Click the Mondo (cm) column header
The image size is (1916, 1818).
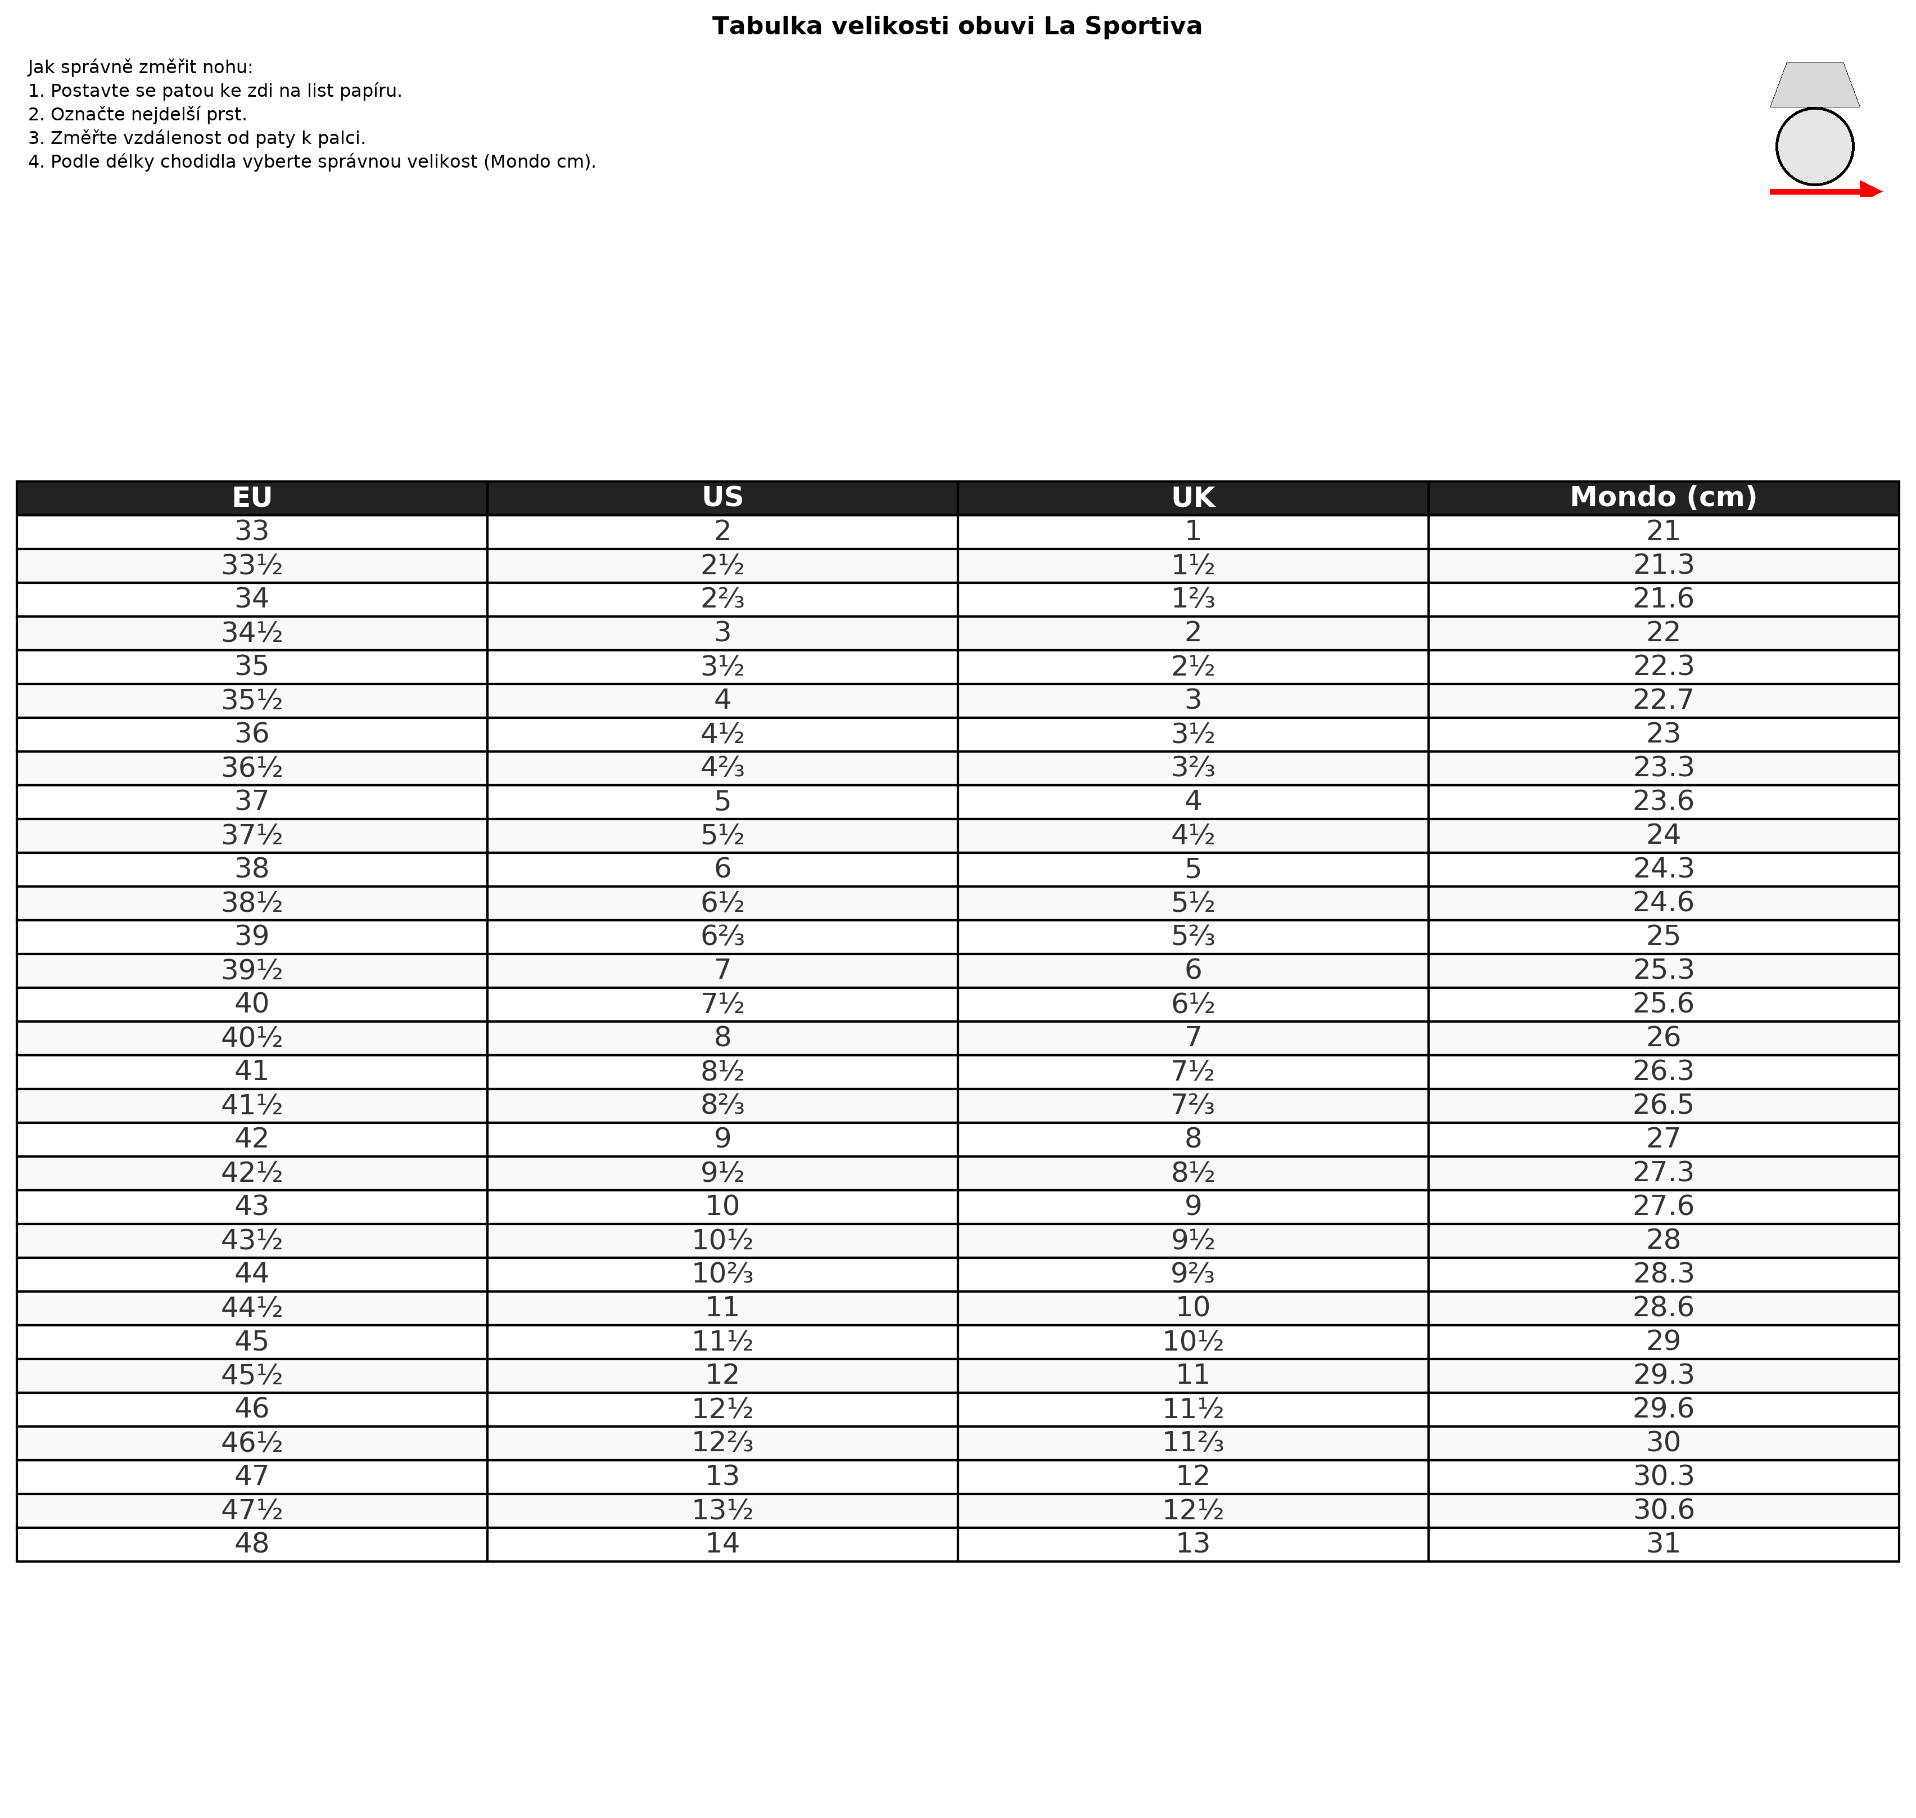(1662, 497)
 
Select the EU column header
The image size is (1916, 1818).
(252, 497)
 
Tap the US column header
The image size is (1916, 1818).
(722, 497)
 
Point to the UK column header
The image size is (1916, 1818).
(1192, 497)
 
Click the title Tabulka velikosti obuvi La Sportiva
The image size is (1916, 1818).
(957, 26)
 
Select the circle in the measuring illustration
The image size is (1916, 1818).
(1814, 146)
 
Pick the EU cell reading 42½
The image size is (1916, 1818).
(252, 1173)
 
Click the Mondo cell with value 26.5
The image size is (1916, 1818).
(1662, 1105)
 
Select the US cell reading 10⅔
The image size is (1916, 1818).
(722, 1273)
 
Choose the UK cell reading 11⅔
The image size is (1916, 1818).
(1192, 1442)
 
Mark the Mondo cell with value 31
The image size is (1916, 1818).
(1662, 1543)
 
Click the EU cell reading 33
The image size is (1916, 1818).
(252, 531)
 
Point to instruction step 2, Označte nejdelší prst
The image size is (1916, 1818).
(138, 114)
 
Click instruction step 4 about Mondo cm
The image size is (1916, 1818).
(312, 162)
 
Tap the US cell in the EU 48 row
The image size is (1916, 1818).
(722, 1543)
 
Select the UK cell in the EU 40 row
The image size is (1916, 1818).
(1192, 1004)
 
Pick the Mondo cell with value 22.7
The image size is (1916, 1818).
(1662, 700)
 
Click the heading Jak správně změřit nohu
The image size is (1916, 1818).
(141, 67)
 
